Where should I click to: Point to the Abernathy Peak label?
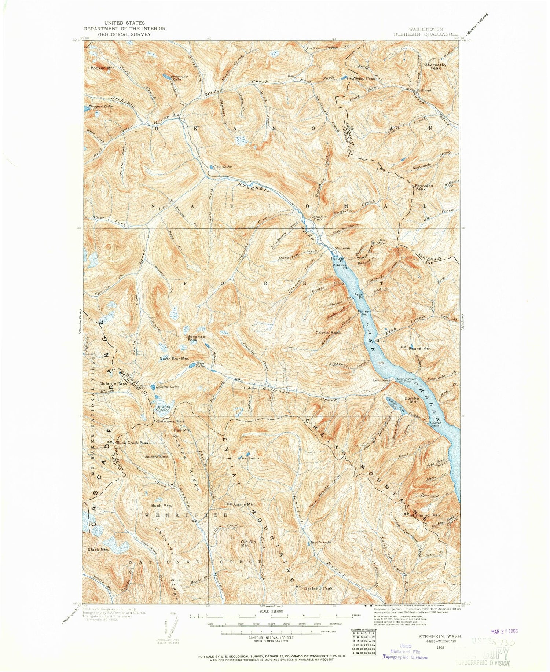[436, 66]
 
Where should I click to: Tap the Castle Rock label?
[328, 333]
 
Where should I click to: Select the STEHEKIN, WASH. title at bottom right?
[440, 638]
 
